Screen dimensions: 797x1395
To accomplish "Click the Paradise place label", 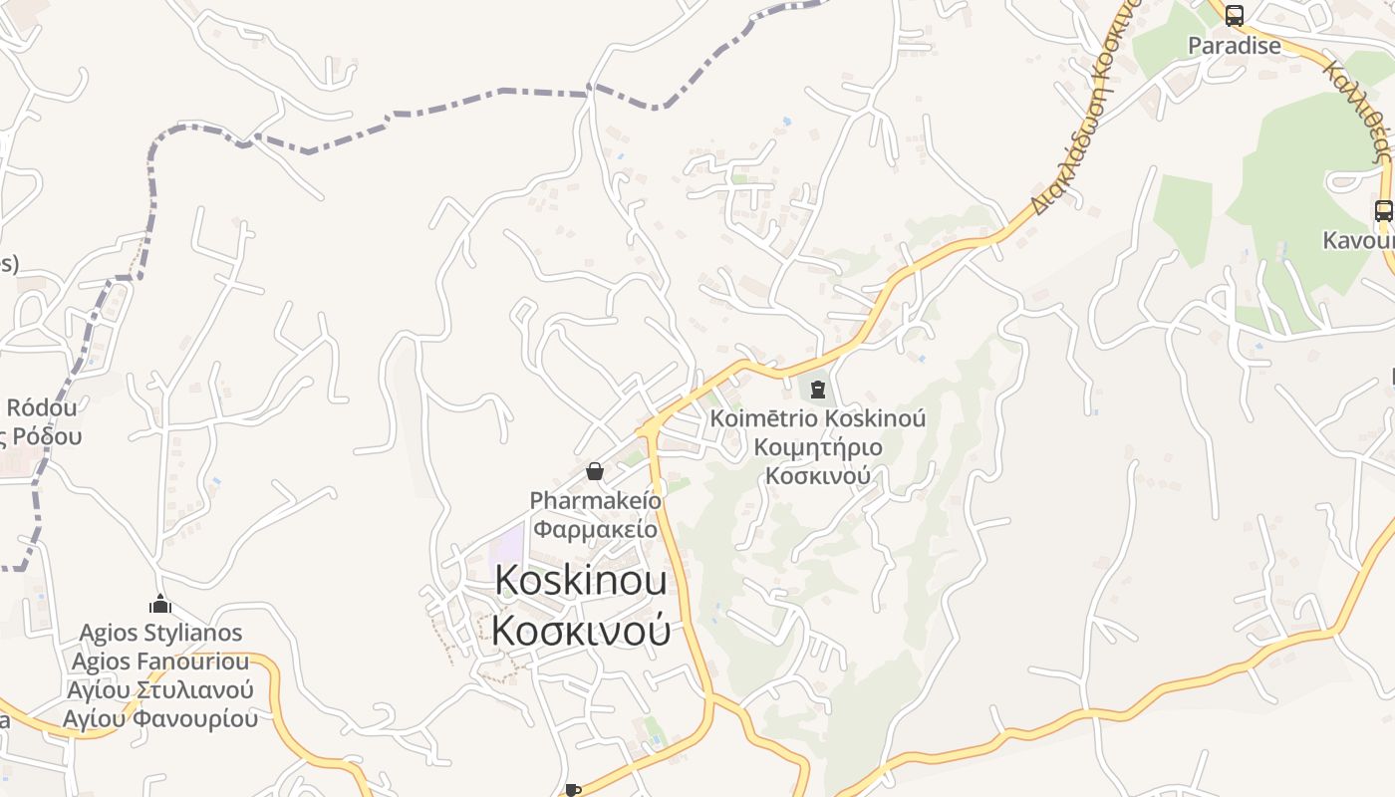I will pyautogui.click(x=1234, y=46).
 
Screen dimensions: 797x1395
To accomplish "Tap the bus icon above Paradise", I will pyautogui.click(x=1234, y=16).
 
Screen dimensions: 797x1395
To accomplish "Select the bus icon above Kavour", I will pyautogui.click(x=1384, y=211).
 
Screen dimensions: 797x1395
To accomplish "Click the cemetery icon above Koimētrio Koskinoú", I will pyautogui.click(x=817, y=389).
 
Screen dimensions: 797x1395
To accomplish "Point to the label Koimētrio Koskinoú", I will pyautogui.click(x=817, y=418).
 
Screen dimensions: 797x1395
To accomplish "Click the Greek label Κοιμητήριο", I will pyautogui.click(x=817, y=447).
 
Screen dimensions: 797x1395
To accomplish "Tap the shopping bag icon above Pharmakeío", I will pyautogui.click(x=595, y=471).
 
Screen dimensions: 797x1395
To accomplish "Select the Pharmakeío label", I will pyautogui.click(x=595, y=500).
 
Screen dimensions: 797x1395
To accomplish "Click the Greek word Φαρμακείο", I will pyautogui.click(x=595, y=528).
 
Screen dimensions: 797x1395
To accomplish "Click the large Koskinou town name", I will pyautogui.click(x=581, y=581).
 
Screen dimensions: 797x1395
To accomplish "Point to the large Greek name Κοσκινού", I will pyautogui.click(x=581, y=631).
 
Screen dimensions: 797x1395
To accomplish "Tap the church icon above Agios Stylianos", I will pyautogui.click(x=159, y=604).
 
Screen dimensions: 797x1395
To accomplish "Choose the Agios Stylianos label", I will pyautogui.click(x=159, y=633).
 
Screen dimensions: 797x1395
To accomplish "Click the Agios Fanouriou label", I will pyautogui.click(x=159, y=662).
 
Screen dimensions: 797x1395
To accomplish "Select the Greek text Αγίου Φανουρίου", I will pyautogui.click(x=159, y=718).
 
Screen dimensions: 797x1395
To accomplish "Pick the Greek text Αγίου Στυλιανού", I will pyautogui.click(x=159, y=689).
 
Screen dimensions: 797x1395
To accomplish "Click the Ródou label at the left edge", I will pyautogui.click(x=42, y=407).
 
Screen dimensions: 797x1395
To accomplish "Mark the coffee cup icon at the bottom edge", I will pyautogui.click(x=573, y=790).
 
